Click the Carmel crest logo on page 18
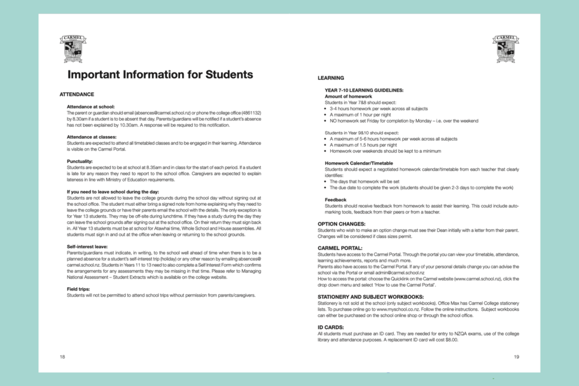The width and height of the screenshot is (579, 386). pos(73,48)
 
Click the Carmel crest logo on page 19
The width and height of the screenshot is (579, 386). pos(505,48)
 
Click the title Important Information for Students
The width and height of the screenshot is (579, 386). pos(160,75)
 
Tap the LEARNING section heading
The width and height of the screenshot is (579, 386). pos(331,77)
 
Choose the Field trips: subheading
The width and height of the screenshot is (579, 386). pos(81,289)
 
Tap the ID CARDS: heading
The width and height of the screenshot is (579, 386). pos(331,327)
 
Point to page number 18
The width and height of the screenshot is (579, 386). pos(63,357)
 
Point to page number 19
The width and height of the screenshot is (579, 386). pos(516,357)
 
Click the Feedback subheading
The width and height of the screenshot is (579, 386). pos(336,199)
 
